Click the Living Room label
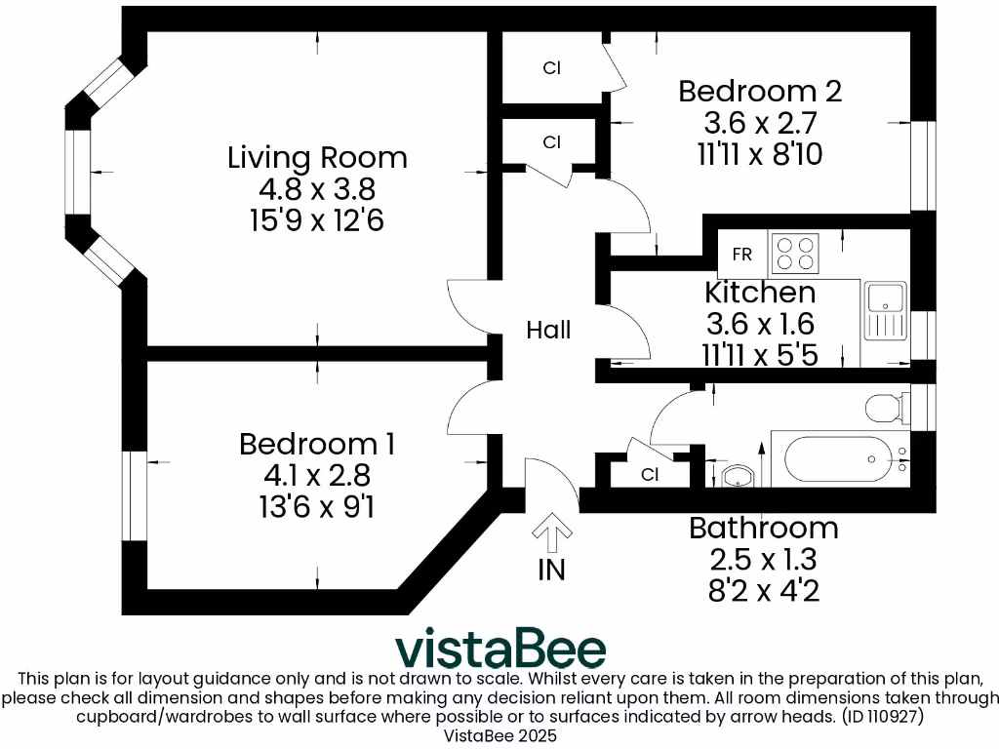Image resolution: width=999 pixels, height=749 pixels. click(x=317, y=157)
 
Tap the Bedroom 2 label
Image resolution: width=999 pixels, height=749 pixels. click(x=760, y=91)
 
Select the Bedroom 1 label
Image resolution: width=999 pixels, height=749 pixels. click(x=317, y=444)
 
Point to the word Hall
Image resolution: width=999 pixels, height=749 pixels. click(x=548, y=330)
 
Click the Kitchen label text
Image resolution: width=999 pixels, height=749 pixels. click(x=760, y=293)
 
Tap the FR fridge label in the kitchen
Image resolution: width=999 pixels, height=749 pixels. click(x=742, y=255)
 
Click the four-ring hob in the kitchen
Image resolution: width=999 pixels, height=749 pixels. click(x=795, y=254)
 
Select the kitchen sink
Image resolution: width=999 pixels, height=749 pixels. click(x=886, y=311)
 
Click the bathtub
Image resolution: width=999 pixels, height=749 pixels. click(x=840, y=459)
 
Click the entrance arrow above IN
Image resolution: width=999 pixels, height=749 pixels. click(x=552, y=532)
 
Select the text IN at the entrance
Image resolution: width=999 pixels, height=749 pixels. click(x=552, y=571)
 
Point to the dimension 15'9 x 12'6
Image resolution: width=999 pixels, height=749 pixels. click(x=317, y=221)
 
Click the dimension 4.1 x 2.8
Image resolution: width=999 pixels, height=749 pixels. click(x=317, y=475)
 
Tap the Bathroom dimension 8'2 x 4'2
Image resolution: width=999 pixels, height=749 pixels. click(x=763, y=591)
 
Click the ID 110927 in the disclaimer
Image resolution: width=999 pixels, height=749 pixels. click(x=883, y=717)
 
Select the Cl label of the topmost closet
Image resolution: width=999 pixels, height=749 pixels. click(x=552, y=67)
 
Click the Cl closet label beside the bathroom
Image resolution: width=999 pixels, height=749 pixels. click(x=650, y=475)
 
